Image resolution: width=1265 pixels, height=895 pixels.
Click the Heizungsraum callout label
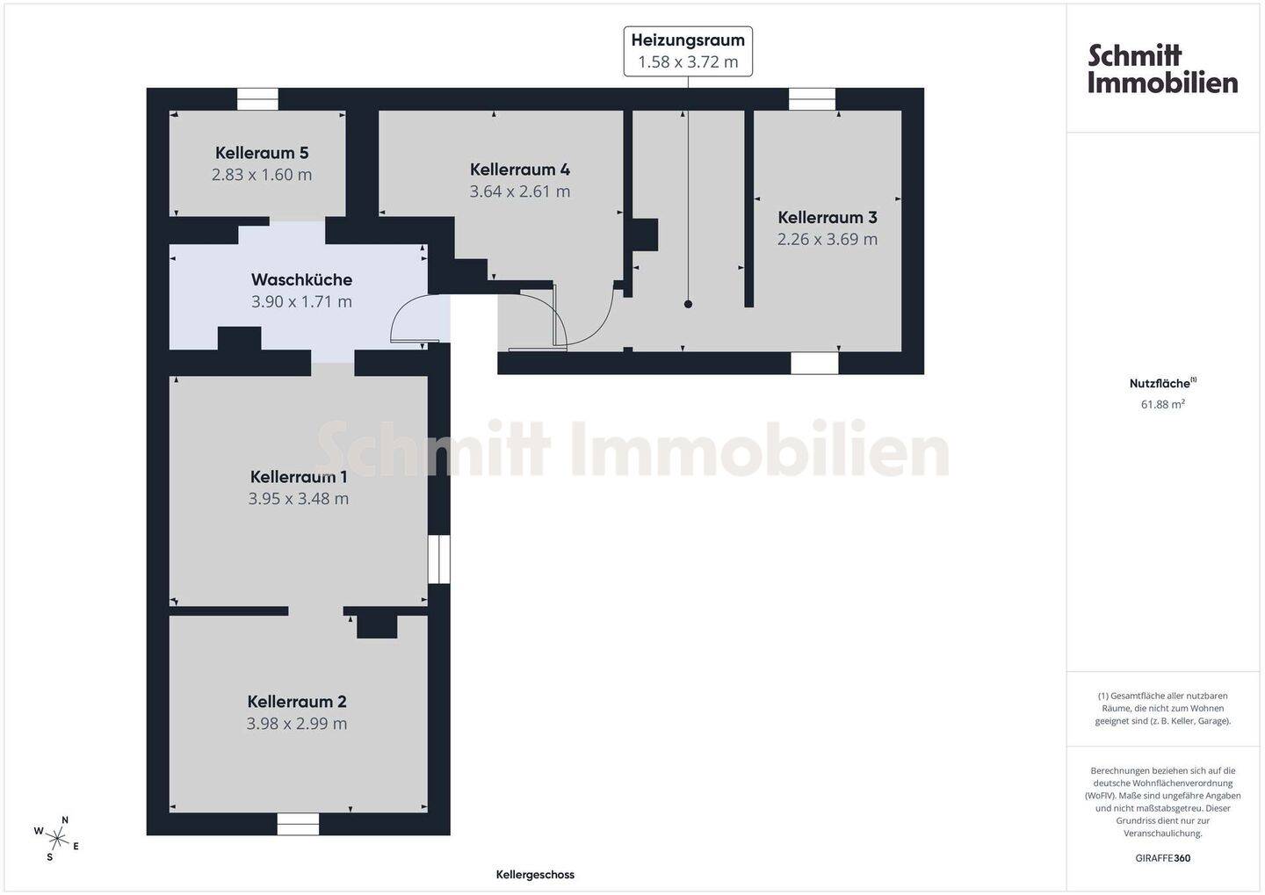click(688, 40)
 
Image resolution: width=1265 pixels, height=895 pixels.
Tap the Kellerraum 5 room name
click(262, 153)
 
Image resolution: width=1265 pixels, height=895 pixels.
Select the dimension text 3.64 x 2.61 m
click(520, 191)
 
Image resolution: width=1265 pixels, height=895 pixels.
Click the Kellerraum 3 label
click(828, 217)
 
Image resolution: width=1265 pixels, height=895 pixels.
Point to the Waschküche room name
click(301, 279)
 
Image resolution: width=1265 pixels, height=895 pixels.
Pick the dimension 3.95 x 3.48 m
click(299, 499)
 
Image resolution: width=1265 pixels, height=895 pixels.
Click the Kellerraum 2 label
click(297, 702)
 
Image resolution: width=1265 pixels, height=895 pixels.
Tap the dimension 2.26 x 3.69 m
click(828, 239)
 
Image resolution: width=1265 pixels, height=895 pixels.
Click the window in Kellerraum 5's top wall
click(257, 99)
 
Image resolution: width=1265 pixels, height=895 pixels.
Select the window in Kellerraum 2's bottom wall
click(298, 824)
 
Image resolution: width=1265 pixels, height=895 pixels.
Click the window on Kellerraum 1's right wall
click(438, 559)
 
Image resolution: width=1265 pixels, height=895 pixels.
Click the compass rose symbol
click(58, 838)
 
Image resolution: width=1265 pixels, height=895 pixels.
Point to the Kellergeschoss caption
click(535, 875)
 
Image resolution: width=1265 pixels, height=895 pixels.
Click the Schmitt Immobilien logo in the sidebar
click(1162, 69)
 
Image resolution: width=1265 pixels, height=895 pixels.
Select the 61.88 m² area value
click(1162, 405)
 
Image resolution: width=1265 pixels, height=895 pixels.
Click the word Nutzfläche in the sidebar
click(1160, 384)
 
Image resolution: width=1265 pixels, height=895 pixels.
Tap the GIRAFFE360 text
click(1162, 858)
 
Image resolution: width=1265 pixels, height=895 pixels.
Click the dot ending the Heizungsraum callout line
click(688, 304)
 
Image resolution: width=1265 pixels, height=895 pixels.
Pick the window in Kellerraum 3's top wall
click(812, 99)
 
